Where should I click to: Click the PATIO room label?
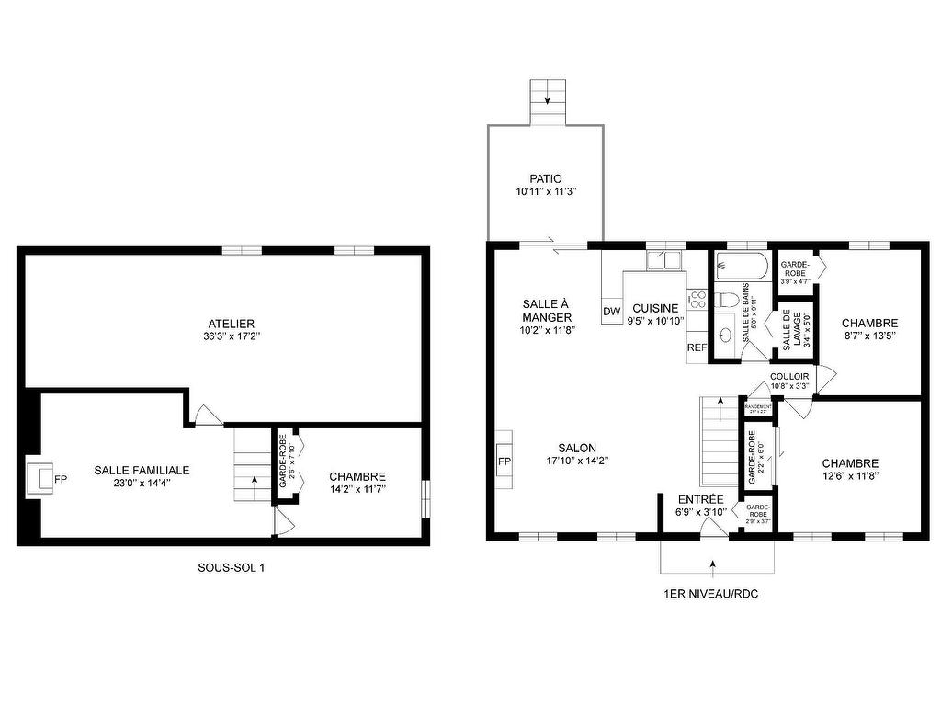point(545,178)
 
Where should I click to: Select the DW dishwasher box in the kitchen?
point(612,312)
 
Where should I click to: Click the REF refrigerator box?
point(697,348)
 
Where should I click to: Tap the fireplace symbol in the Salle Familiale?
point(40,479)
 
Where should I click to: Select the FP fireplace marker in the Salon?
point(504,461)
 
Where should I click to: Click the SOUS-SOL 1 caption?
point(231,568)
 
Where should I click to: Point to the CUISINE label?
point(655,308)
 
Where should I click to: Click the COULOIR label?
point(789,376)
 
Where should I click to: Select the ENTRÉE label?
point(701,499)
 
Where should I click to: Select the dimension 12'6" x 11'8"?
point(850,476)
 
